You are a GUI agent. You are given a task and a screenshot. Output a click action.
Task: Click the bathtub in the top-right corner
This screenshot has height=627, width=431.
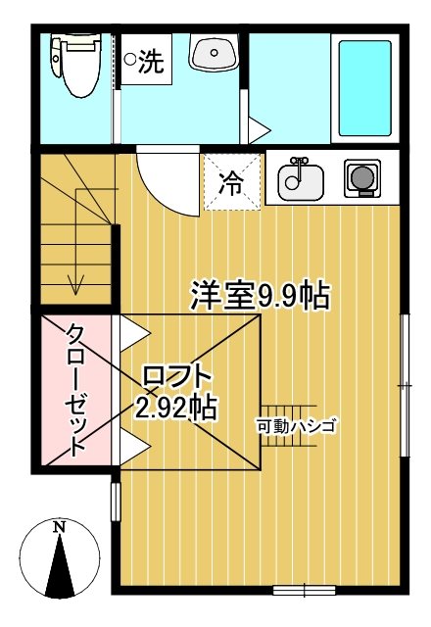pyautogui.click(x=363, y=88)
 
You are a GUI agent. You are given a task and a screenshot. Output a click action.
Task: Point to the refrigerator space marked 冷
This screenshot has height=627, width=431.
pyautogui.click(x=233, y=180)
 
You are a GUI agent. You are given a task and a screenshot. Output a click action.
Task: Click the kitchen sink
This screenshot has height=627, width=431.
pyautogui.click(x=295, y=177)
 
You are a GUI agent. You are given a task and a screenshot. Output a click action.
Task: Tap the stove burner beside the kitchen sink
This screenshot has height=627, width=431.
pyautogui.click(x=362, y=177)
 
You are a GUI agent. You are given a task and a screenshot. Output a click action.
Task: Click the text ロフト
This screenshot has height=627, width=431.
pyautogui.click(x=177, y=376)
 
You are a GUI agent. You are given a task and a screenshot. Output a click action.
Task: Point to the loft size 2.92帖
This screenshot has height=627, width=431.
pyautogui.click(x=176, y=407)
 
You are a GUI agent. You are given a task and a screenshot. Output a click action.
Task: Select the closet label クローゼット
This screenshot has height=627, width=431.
pyautogui.click(x=77, y=387)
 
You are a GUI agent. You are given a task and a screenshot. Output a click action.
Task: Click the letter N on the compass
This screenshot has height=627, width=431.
pyautogui.click(x=59, y=528)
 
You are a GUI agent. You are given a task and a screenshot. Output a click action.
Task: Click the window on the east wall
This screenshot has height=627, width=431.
pyautogui.click(x=404, y=386)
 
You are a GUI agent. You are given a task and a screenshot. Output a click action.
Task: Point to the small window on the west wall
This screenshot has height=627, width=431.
pyautogui.click(x=115, y=500)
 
